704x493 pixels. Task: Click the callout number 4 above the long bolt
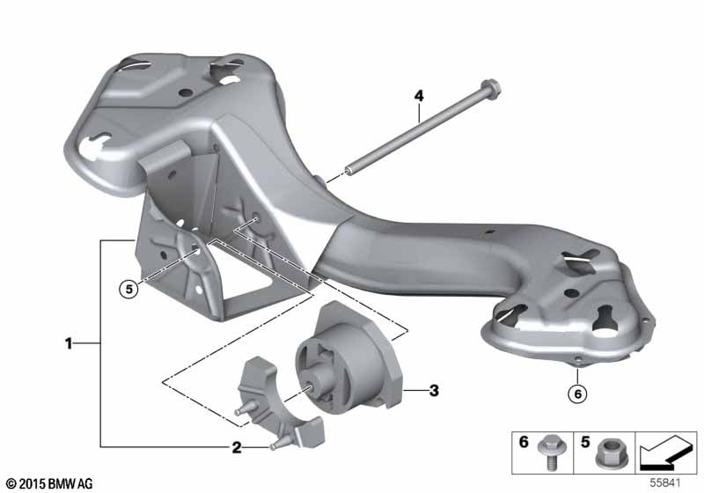[x=419, y=96]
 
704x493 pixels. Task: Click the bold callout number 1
[x=69, y=344]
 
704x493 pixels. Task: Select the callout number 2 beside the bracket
[x=236, y=447]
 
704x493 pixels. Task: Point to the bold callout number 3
[x=434, y=390]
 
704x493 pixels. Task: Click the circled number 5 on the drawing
[x=129, y=289]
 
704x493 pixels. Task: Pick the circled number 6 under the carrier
[x=577, y=394]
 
